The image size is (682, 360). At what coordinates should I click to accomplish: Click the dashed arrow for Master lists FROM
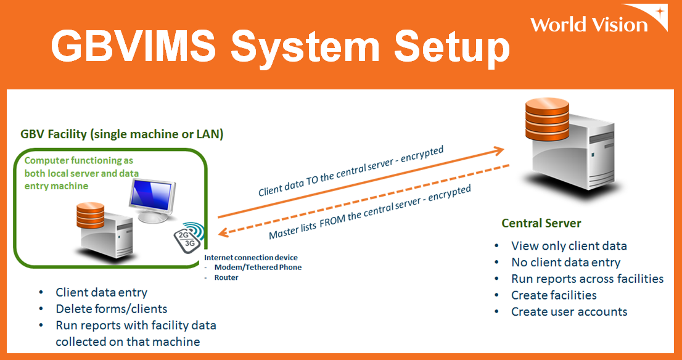coord(364,200)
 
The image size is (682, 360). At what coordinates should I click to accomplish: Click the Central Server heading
coord(541,223)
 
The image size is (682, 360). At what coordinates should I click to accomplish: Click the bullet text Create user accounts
coord(569,311)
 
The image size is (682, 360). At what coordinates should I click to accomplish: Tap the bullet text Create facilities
coord(554,295)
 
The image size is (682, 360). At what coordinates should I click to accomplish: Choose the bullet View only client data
coord(569,246)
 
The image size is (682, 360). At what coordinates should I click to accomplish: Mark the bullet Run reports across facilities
coord(587,279)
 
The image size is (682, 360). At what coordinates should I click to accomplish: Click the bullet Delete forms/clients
coord(111,308)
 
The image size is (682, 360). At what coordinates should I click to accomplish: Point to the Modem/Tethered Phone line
coord(258,267)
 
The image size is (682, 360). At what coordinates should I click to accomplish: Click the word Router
coord(226,277)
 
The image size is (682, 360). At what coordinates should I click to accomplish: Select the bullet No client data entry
coord(565,262)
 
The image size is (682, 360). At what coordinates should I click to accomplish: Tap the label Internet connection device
coord(251,257)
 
